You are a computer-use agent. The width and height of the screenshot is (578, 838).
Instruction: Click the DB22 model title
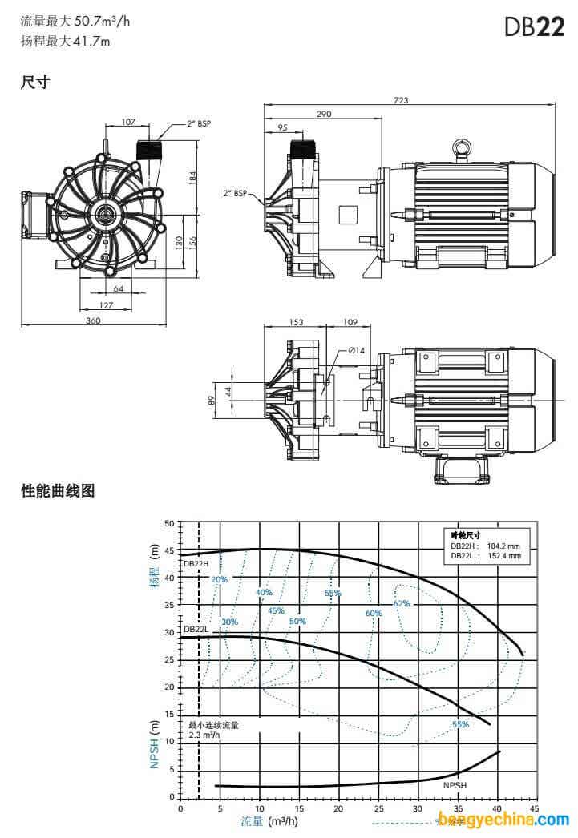(534, 26)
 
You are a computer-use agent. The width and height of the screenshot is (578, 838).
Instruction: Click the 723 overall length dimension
(401, 100)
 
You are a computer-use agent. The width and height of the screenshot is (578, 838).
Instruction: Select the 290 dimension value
(324, 114)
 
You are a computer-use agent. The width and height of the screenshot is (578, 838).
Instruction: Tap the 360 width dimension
(93, 320)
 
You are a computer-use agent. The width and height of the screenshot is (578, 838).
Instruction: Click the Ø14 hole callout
(356, 350)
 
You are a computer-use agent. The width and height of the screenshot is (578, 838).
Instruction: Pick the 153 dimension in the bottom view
(297, 322)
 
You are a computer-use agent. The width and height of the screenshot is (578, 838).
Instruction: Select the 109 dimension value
(350, 322)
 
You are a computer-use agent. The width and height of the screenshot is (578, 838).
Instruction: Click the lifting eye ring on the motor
(461, 147)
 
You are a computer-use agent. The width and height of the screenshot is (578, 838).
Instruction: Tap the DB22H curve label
(196, 563)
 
